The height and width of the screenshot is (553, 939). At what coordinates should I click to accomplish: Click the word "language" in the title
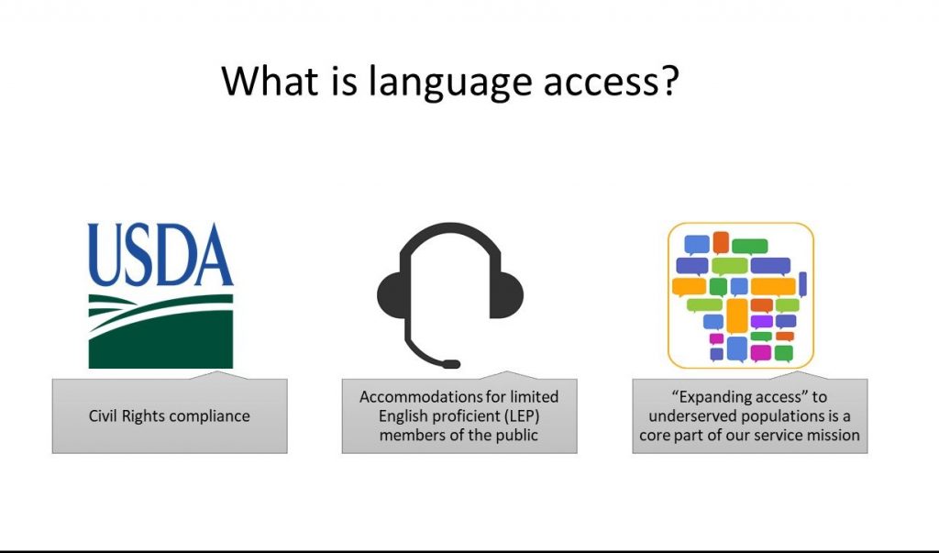click(x=449, y=83)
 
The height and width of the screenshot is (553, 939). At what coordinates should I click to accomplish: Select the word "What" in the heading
click(x=271, y=80)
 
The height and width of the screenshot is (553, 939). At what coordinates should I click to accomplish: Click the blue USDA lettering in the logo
click(x=160, y=255)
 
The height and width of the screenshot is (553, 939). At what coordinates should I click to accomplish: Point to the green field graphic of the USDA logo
click(x=160, y=331)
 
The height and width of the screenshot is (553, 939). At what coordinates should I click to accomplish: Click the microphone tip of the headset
click(x=451, y=364)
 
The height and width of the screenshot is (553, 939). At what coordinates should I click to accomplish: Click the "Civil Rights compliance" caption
click(x=170, y=415)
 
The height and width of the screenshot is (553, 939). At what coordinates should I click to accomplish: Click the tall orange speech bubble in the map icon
click(x=736, y=315)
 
